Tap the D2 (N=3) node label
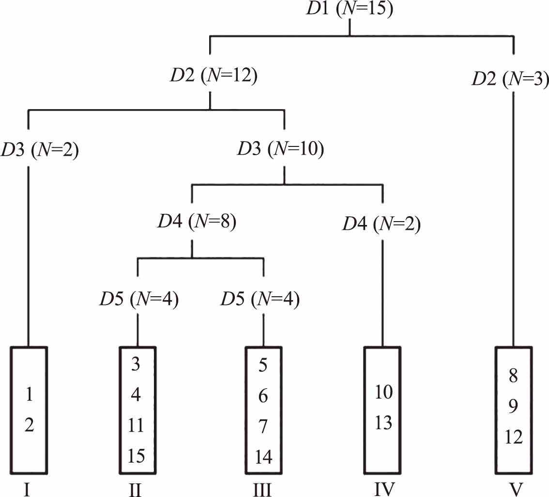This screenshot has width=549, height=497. (509, 78)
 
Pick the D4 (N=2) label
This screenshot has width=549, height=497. (381, 224)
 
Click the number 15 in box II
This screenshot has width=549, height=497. (136, 456)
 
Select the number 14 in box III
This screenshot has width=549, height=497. (263, 457)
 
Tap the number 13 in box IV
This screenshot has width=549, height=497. (383, 423)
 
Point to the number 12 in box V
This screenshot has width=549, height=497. (513, 437)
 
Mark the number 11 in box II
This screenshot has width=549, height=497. (136, 426)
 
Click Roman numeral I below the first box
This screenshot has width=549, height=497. (27, 489)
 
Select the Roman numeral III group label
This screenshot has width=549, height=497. (263, 489)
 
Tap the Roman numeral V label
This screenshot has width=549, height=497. (517, 489)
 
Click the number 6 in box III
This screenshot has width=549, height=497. (263, 396)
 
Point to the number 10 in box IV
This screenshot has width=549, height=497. (383, 392)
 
